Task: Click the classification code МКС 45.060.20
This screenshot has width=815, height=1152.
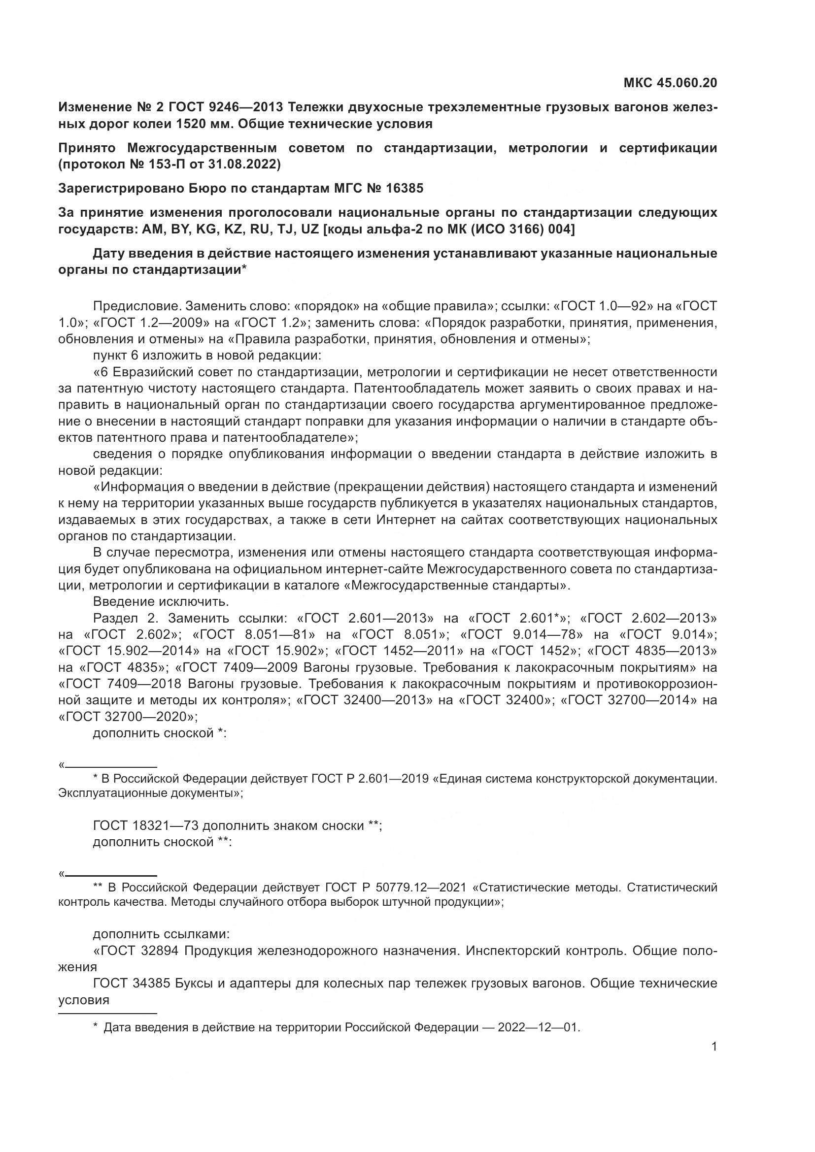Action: pos(670,83)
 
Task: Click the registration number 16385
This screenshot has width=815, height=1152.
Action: pos(405,188)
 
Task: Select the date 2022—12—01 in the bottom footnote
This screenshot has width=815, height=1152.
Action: pos(539,1027)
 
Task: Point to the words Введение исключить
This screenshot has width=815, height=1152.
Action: pos(161,601)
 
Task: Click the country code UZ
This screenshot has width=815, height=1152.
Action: pos(310,230)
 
